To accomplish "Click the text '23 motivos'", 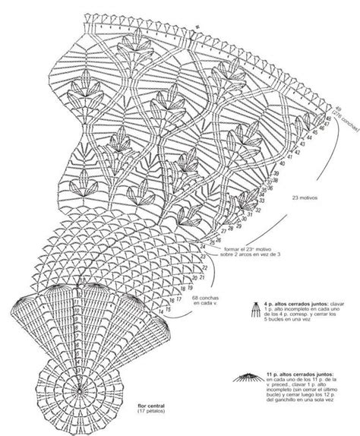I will coord(303,198).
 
